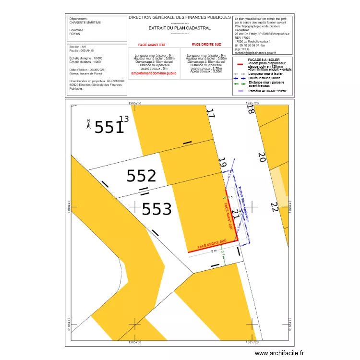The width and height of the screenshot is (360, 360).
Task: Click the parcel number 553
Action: click(156, 209)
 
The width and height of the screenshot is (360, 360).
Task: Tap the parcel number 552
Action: click(141, 176)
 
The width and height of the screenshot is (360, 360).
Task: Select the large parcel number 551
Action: click(109, 127)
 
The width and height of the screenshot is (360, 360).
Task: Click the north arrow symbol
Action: click(88, 124)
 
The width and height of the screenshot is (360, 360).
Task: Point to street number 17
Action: click(210, 114)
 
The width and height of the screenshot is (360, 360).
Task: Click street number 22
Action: click(274, 207)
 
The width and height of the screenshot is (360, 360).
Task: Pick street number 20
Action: click(261, 157)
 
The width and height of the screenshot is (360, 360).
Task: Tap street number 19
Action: click(222, 163)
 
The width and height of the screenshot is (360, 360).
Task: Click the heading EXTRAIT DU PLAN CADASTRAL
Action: click(180, 28)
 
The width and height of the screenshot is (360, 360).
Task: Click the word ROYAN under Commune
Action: click(74, 34)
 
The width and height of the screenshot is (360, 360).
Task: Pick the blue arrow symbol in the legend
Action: click(240, 78)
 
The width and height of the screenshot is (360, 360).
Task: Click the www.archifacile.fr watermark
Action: click(279, 353)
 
